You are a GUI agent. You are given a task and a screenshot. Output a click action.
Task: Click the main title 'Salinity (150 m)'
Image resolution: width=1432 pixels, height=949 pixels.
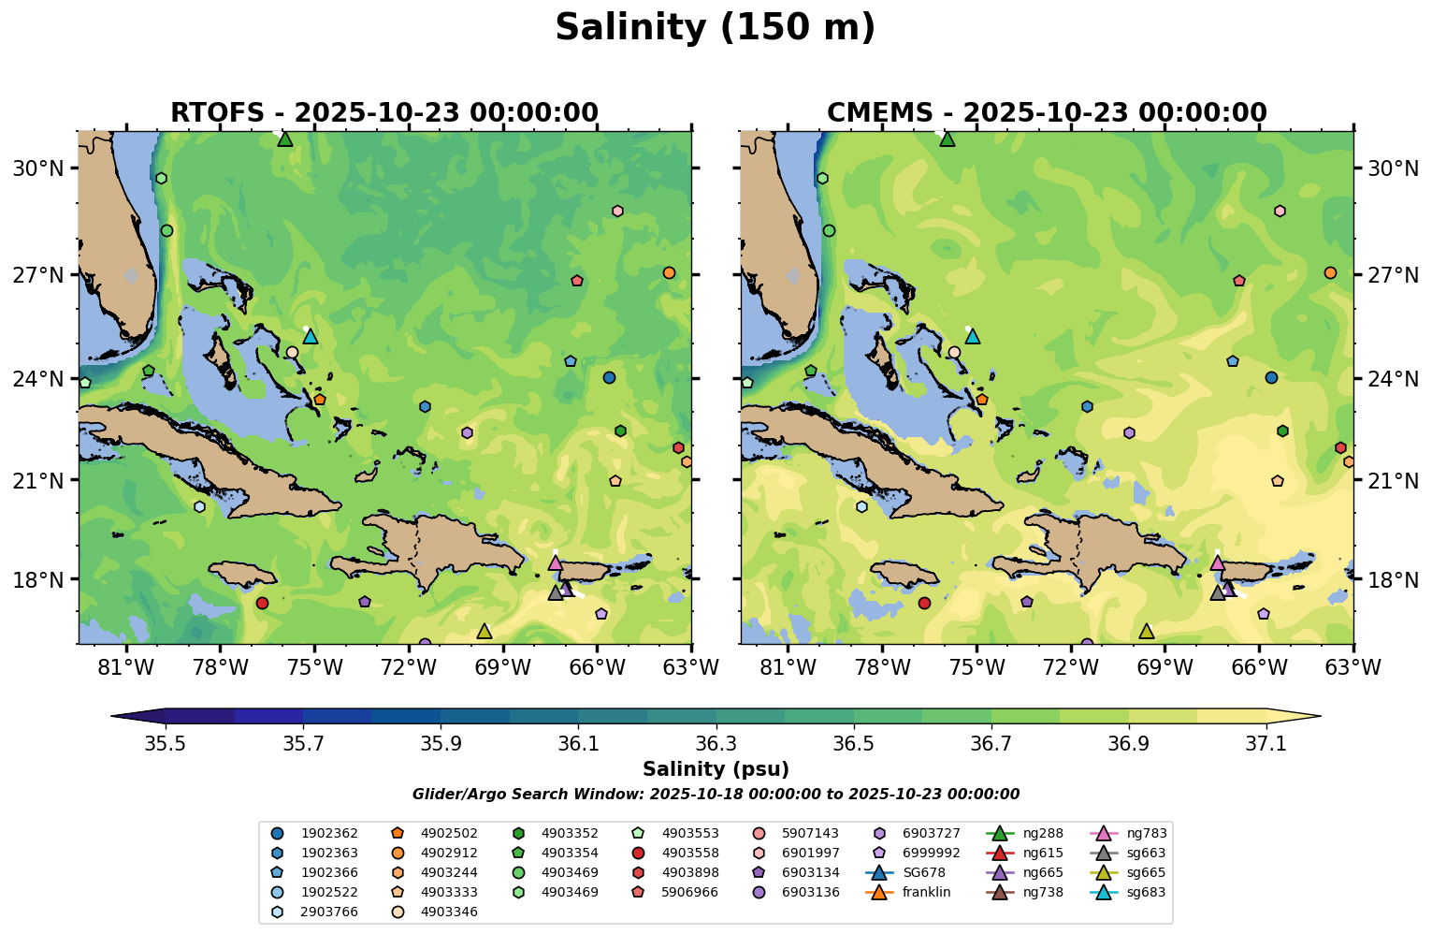716,28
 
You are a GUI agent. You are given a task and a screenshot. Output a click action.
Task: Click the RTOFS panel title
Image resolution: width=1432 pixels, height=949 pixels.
384,113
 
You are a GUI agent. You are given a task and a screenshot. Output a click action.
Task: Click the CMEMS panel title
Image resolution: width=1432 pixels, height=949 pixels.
1047,113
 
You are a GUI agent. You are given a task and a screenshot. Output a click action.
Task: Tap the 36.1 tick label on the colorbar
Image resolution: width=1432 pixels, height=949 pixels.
578,743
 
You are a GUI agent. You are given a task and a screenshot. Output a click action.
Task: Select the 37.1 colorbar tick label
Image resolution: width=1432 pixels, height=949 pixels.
1266,743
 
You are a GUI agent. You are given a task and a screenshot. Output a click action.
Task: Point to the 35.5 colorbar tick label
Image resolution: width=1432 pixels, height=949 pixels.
166,743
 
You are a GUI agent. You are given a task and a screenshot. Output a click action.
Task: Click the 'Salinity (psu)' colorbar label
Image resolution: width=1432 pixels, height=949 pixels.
716,769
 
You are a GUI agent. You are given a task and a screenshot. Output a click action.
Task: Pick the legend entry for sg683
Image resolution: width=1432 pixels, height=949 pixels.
1146,892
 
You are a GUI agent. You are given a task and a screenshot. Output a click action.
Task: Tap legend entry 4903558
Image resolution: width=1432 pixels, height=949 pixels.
688,853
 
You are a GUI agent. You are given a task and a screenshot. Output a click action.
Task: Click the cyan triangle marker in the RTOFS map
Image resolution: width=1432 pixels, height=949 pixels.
311,337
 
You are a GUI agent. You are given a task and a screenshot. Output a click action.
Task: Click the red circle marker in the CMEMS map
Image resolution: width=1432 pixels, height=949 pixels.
924,603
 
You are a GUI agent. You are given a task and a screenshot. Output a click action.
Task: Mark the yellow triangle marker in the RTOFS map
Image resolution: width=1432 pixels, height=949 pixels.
484,632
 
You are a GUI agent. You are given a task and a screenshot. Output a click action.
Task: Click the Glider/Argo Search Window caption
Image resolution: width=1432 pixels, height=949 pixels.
716,795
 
